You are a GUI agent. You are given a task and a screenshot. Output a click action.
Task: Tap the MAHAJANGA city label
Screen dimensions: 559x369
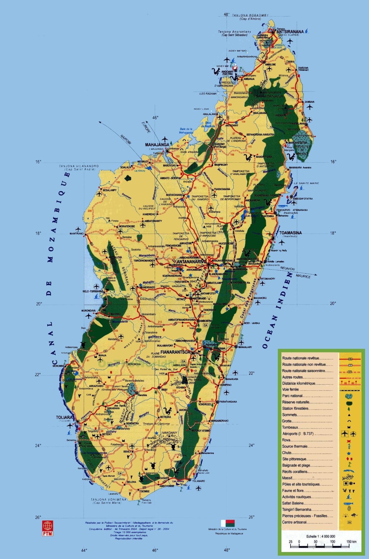pyautogui.click(x=157, y=145)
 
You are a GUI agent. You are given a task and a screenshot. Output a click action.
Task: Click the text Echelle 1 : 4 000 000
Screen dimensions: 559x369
pyautogui.click(x=321, y=536)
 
